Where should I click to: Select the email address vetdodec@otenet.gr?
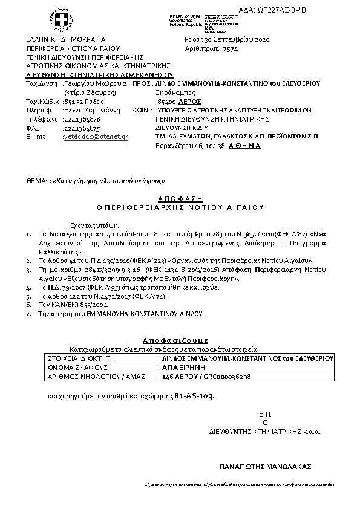[96, 137]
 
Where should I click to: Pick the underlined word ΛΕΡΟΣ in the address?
[190, 102]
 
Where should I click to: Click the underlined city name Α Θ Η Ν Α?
[244, 146]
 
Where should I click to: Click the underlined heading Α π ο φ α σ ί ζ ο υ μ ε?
[175, 340]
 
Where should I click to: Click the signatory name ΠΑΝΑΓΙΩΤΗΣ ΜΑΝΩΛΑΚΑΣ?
[265, 467]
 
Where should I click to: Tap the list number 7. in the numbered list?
[29, 314]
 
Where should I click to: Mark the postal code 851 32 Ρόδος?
[81, 102]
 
